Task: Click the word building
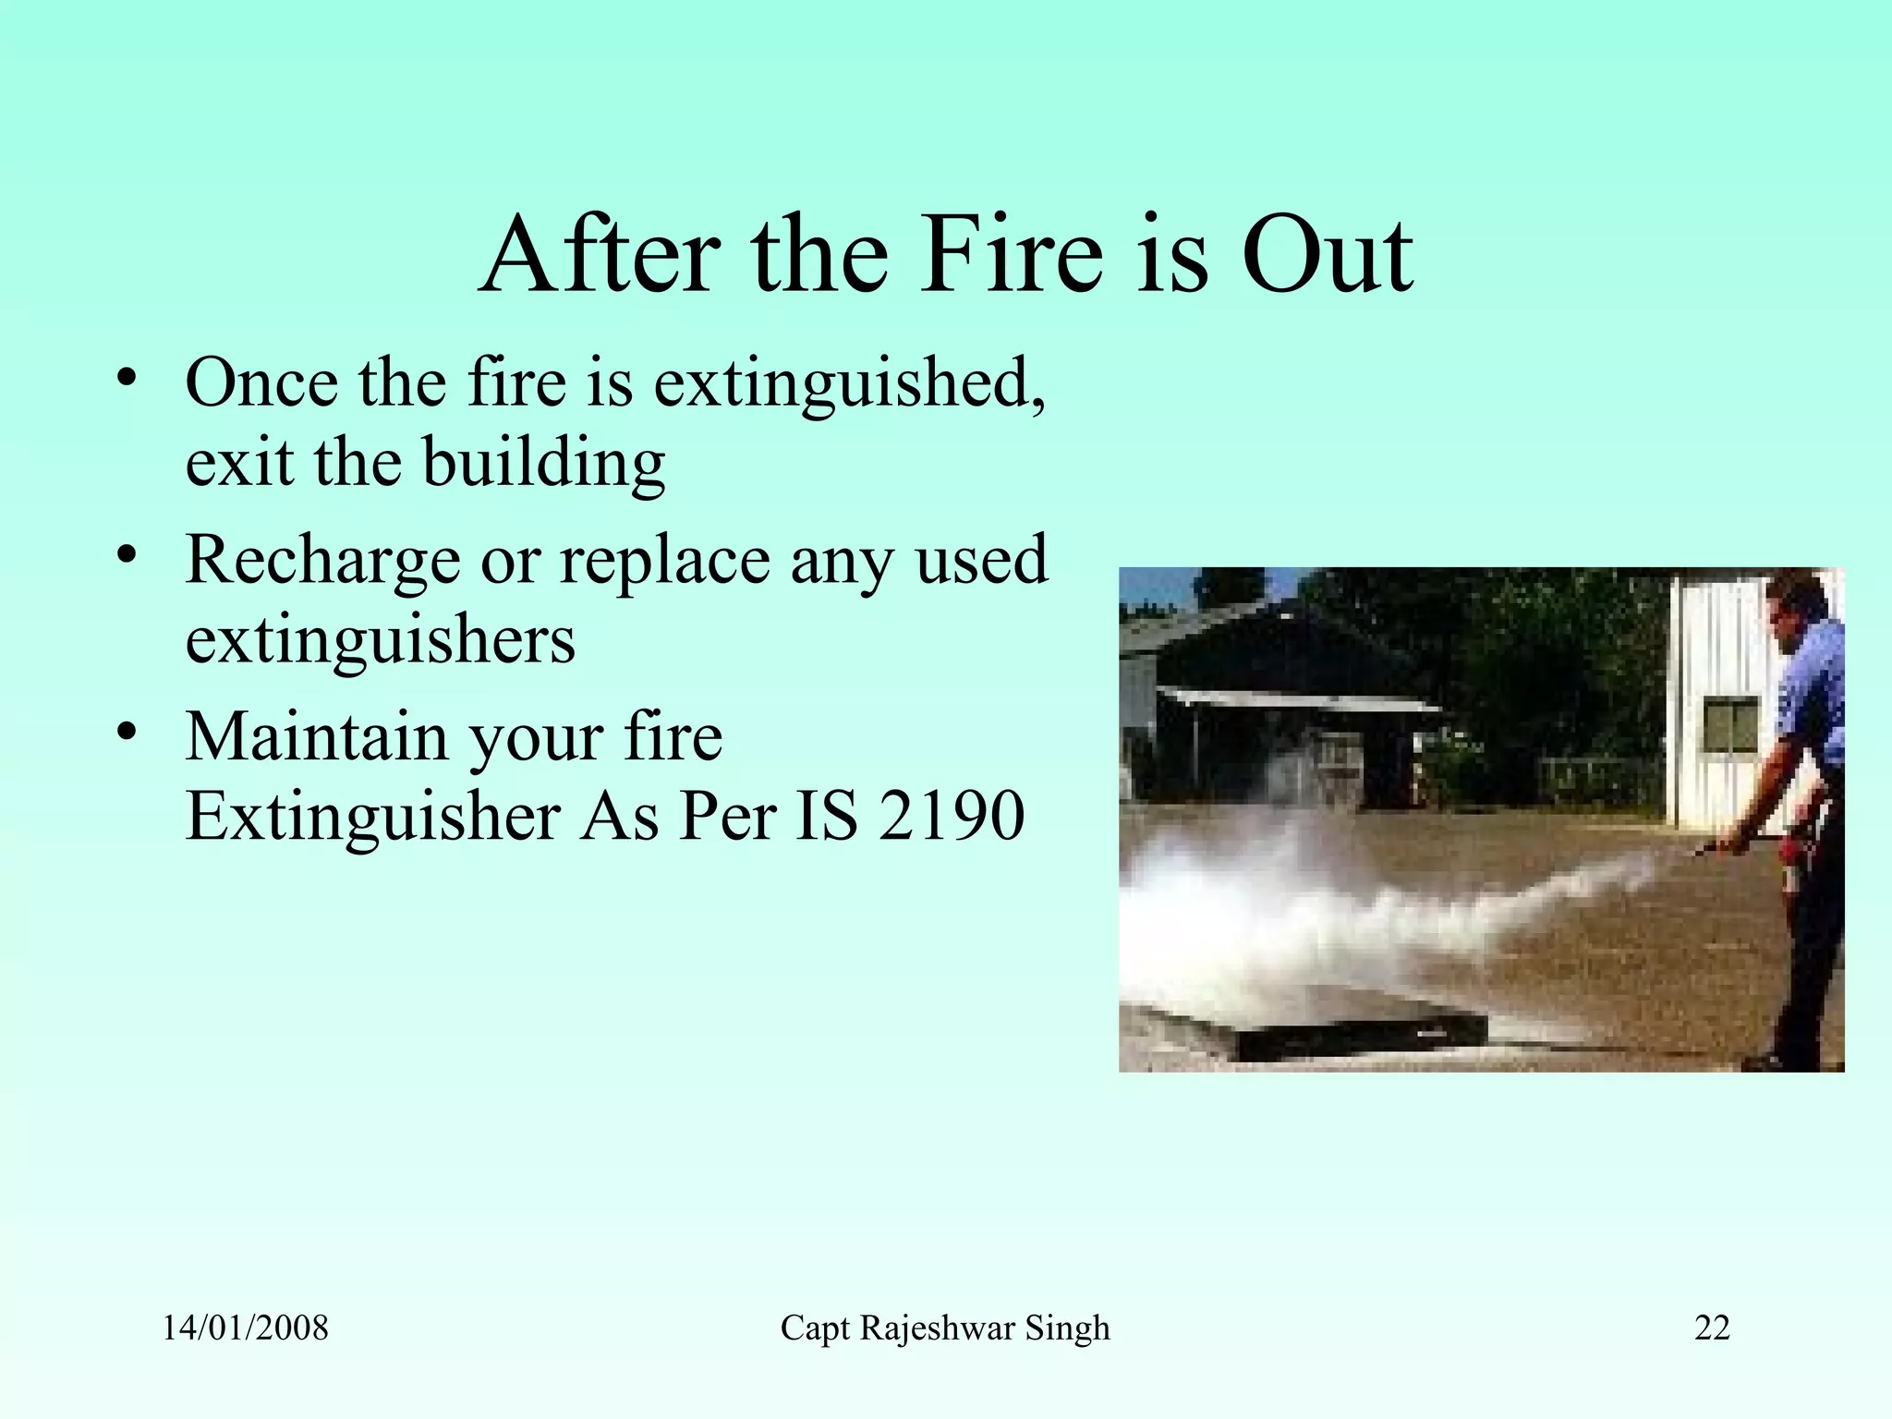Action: click(x=544, y=463)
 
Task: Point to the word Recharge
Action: click(x=322, y=561)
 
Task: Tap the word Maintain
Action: click(x=316, y=736)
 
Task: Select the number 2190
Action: click(x=951, y=817)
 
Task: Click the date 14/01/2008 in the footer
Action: click(x=245, y=1328)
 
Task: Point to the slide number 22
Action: click(x=1712, y=1328)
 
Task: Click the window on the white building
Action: click(x=1730, y=723)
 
